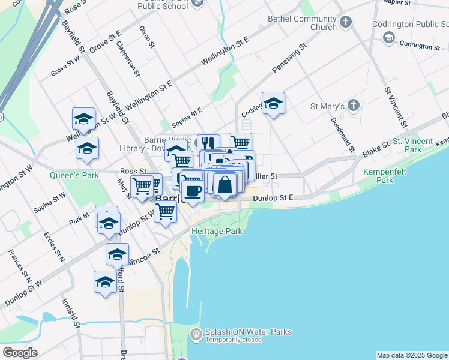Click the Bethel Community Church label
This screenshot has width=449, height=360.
click(x=315, y=23)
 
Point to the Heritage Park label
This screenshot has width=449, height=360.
click(x=217, y=231)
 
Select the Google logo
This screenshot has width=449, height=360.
click(x=20, y=353)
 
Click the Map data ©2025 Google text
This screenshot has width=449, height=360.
click(x=411, y=355)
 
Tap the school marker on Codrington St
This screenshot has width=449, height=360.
click(x=273, y=104)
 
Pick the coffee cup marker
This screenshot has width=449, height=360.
click(x=193, y=191)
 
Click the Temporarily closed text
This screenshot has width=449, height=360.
click(x=235, y=340)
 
